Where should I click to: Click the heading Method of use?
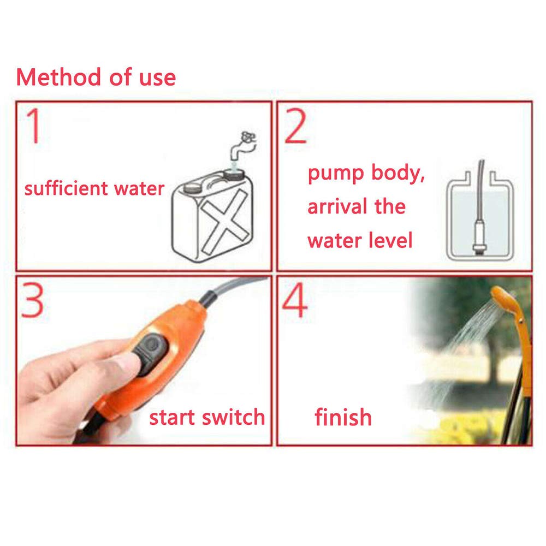[96, 77]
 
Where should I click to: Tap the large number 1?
[34, 126]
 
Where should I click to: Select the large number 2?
[295, 126]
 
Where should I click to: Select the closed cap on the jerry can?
[192, 187]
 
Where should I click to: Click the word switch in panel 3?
[233, 418]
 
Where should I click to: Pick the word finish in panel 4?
[343, 418]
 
